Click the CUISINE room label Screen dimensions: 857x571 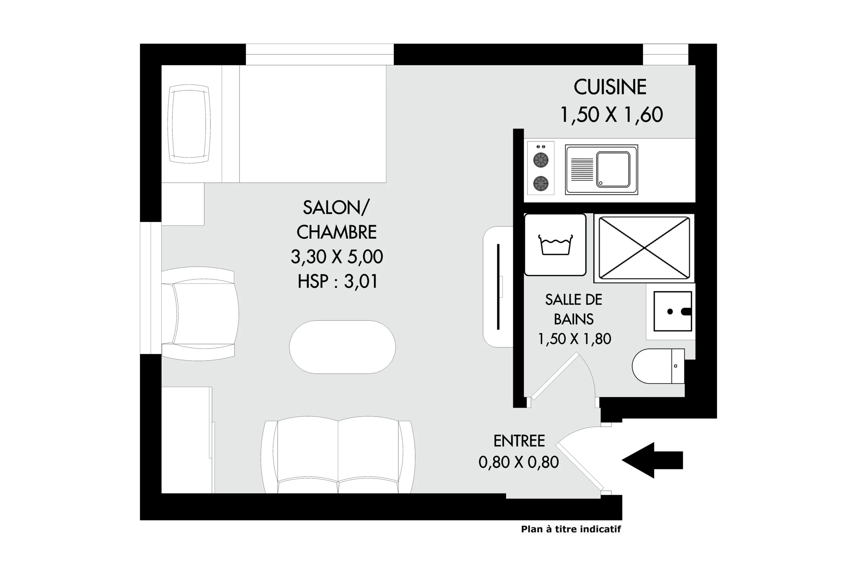point(610,87)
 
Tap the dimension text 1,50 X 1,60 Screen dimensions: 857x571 point(611,114)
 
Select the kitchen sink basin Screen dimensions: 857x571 point(613,169)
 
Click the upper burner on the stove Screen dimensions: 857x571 point(541,160)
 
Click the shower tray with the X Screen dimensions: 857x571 point(644,248)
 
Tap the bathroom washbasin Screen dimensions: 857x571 point(673,311)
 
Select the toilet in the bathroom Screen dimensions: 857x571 point(658,366)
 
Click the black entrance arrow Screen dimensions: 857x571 point(652,460)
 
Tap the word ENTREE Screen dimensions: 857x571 point(519,441)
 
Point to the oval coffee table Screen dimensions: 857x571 point(342,347)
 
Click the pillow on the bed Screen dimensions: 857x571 point(189,124)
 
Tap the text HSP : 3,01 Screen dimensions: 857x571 point(337,282)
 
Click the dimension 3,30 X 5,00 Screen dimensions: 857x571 point(337,257)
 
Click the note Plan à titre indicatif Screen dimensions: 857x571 point(571,529)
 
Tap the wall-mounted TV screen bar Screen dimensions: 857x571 point(498,287)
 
